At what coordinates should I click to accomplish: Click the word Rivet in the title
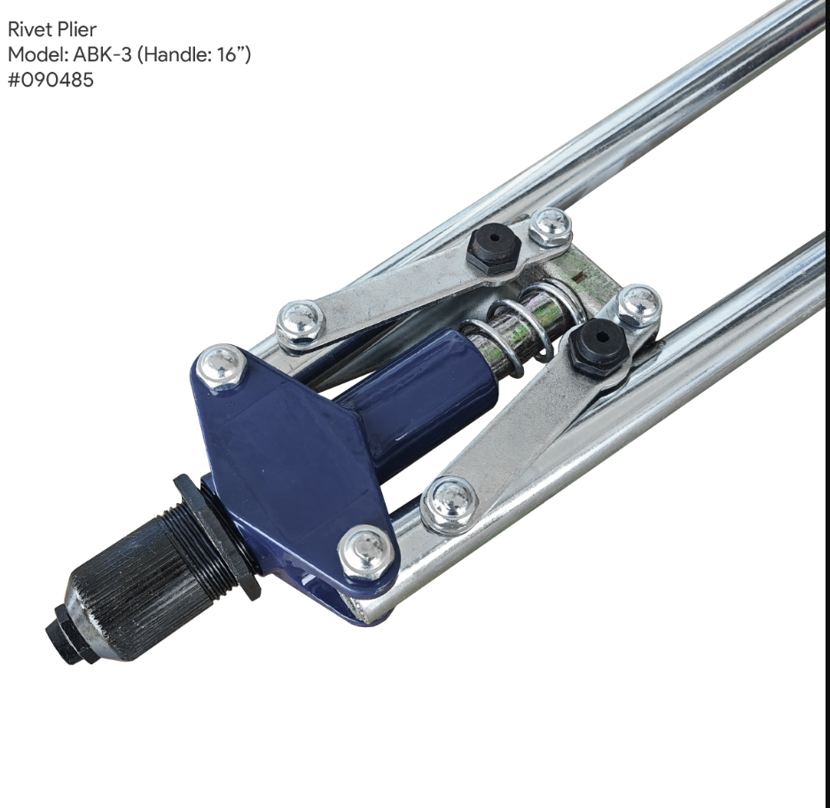point(29,29)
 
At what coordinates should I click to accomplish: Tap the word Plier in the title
point(77,29)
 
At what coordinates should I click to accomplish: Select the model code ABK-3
point(102,54)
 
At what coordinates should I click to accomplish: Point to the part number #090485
point(51,80)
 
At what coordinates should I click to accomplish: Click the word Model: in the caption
point(37,54)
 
